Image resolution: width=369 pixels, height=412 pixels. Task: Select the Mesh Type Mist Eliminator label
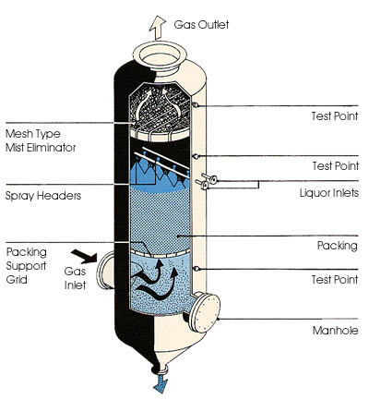41,139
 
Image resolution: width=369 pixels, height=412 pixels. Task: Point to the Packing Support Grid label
28,267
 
